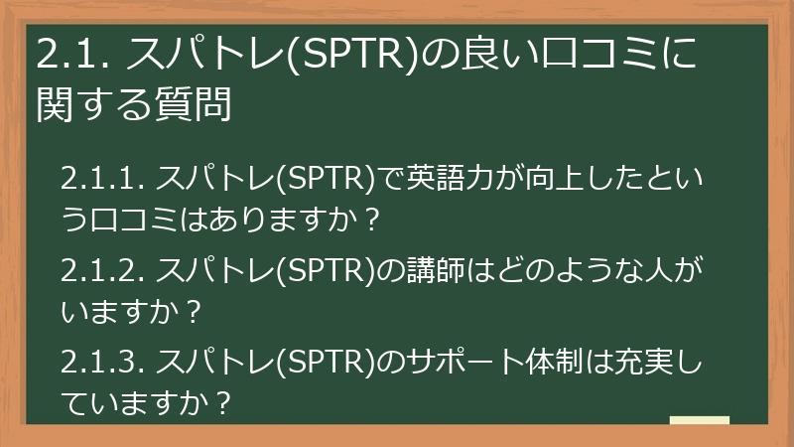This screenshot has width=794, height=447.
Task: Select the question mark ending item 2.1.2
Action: [x=195, y=313]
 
